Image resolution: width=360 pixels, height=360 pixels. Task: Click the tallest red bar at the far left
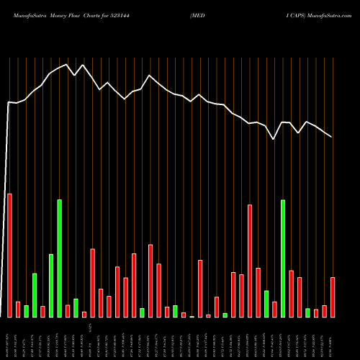tap(9, 256)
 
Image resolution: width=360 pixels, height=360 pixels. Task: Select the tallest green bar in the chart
tap(59, 258)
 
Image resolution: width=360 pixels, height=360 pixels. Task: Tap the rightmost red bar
tap(333, 297)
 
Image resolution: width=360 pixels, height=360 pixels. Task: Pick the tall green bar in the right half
tap(283, 258)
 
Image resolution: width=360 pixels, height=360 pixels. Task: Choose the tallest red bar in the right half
tap(250, 261)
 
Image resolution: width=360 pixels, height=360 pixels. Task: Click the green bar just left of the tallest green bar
tap(51, 286)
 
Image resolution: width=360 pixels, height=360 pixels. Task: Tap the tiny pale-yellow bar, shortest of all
tap(192, 316)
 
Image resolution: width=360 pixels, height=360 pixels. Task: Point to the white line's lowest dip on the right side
tap(274, 139)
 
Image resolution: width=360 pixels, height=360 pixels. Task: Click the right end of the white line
tap(332, 136)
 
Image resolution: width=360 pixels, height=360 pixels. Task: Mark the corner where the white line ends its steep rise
tap(9, 102)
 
